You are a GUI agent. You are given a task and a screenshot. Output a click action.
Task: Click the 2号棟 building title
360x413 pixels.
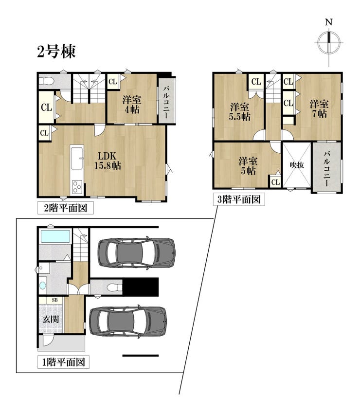[x=56, y=52]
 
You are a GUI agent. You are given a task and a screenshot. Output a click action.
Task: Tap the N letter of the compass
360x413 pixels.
[x=329, y=22]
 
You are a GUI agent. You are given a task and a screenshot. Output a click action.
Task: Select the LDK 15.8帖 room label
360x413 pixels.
[x=108, y=161]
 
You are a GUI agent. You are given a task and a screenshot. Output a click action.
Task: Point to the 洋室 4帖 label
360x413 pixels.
[x=132, y=105]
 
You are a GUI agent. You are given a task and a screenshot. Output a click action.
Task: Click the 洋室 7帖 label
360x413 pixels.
[x=319, y=109]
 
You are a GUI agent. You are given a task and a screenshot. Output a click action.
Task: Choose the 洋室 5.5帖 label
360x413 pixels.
[x=240, y=112]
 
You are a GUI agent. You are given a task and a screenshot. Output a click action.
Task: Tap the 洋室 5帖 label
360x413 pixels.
[x=248, y=166]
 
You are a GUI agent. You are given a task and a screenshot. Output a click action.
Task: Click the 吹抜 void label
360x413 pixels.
[x=297, y=165]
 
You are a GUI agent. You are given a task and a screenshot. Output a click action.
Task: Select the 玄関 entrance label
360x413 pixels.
[x=51, y=320]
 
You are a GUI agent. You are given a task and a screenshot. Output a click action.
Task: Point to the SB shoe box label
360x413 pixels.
[x=55, y=300]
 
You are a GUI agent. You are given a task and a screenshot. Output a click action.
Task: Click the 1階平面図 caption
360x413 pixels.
[x=63, y=362]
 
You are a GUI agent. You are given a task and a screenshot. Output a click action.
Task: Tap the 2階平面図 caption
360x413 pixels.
[x=65, y=208]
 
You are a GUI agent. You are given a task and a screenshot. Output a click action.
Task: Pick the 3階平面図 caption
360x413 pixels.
[x=238, y=199]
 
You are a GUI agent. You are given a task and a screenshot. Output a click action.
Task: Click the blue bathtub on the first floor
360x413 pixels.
[x=55, y=236]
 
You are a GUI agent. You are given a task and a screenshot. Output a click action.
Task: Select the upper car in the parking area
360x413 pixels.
[x=136, y=253]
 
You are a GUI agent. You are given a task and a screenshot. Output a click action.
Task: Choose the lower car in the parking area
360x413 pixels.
[x=128, y=322]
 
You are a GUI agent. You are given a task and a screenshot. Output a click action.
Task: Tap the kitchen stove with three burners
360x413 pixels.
[x=77, y=187]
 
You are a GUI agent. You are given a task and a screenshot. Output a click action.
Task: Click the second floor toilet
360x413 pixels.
[x=47, y=81]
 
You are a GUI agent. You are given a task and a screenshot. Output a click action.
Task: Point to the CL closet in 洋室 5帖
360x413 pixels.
[x=275, y=182]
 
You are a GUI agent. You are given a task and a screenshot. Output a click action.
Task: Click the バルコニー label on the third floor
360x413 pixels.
[x=326, y=168]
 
